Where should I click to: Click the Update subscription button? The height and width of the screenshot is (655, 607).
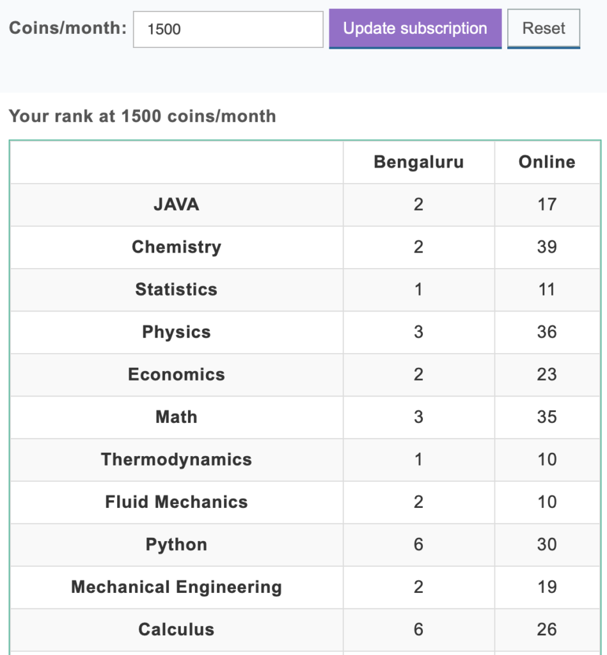pyautogui.click(x=415, y=29)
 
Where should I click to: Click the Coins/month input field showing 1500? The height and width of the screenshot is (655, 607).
pyautogui.click(x=228, y=29)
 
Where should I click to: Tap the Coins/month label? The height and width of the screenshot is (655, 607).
pyautogui.click(x=68, y=28)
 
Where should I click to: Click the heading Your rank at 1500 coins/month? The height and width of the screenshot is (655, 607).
pyautogui.click(x=142, y=116)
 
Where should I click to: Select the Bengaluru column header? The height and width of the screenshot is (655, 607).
pyautogui.click(x=418, y=162)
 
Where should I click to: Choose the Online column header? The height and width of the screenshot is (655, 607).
pyautogui.click(x=547, y=162)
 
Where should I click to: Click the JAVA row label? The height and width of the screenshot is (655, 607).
pyautogui.click(x=177, y=205)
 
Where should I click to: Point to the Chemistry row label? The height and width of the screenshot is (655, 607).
pyautogui.click(x=177, y=247)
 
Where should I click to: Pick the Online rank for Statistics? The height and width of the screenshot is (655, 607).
pyautogui.click(x=547, y=290)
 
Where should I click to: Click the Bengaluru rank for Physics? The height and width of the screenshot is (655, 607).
pyautogui.click(x=418, y=332)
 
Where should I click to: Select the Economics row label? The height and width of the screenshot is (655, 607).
pyautogui.click(x=177, y=375)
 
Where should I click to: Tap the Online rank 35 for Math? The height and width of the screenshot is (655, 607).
pyautogui.click(x=547, y=417)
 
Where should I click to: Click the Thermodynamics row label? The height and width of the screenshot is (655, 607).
pyautogui.click(x=177, y=460)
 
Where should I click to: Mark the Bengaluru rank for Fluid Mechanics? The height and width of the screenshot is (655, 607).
pyautogui.click(x=418, y=502)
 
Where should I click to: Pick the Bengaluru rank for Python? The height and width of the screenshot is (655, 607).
pyautogui.click(x=418, y=545)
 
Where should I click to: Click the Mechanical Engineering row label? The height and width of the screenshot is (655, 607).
pyautogui.click(x=177, y=587)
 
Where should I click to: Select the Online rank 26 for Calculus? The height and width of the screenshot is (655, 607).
pyautogui.click(x=547, y=630)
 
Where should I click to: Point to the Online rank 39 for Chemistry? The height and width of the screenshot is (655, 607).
pyautogui.click(x=547, y=247)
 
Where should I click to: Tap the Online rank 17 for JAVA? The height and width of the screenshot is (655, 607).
pyautogui.click(x=547, y=205)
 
